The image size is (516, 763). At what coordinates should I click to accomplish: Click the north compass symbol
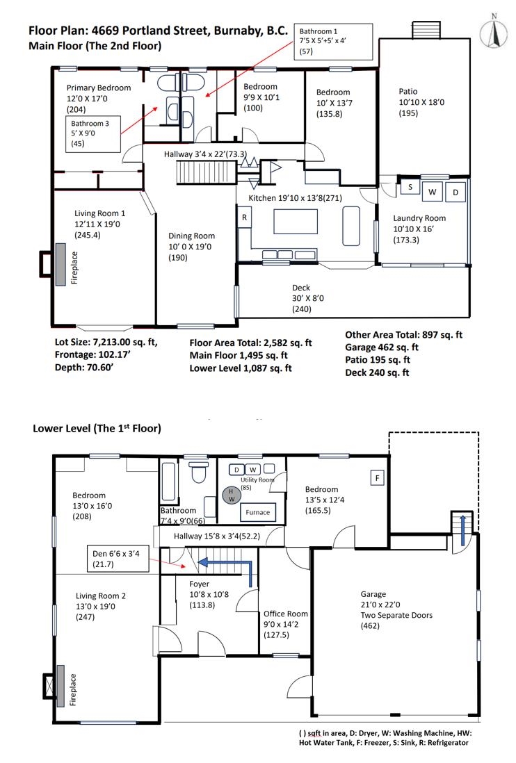494,33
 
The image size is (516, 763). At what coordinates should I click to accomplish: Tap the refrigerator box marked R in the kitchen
244,218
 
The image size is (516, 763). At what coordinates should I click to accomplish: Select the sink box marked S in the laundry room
410,187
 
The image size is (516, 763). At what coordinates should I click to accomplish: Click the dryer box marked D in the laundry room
455,192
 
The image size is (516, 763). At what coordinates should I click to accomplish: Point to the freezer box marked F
377,478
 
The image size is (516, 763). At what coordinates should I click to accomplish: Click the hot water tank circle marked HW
232,495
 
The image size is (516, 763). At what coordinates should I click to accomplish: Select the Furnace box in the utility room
257,512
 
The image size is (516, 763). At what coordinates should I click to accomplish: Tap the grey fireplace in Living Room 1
61,265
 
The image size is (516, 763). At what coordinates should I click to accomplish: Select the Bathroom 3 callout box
93,134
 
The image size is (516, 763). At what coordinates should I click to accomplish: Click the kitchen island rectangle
296,222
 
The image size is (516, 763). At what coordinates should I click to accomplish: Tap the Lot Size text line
106,342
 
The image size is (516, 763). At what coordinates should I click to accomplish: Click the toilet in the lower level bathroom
199,471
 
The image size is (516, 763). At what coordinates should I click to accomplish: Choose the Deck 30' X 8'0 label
307,298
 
